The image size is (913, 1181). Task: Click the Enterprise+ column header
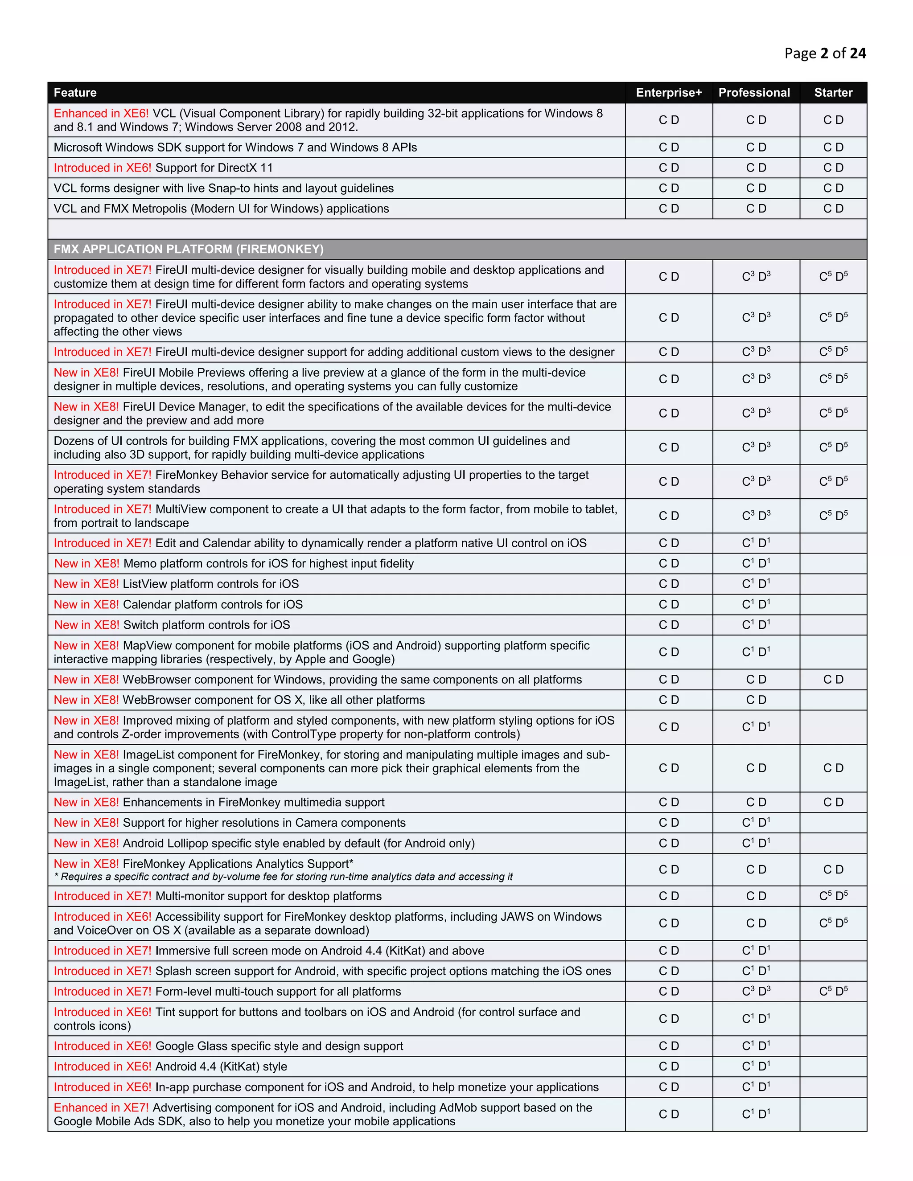tap(669, 92)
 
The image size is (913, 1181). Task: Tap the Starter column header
tap(833, 92)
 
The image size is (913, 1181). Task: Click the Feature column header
tap(75, 92)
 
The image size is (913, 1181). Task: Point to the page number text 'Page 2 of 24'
tap(825, 53)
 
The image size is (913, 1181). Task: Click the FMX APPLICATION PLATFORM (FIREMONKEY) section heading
tap(188, 249)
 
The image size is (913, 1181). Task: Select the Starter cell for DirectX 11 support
tap(833, 168)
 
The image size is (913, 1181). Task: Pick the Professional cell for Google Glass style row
tap(756, 1046)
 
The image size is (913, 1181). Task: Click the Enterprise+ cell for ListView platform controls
tap(669, 584)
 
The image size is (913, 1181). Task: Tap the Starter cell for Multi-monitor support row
tap(833, 896)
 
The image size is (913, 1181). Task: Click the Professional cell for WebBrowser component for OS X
tap(756, 700)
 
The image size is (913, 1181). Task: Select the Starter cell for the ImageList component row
tap(833, 768)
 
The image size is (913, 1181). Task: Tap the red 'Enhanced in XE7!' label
tap(101, 1107)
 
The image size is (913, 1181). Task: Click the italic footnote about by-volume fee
tap(284, 877)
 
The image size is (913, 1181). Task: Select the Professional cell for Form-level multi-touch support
tap(756, 991)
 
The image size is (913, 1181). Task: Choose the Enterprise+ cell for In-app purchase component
tap(669, 1087)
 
